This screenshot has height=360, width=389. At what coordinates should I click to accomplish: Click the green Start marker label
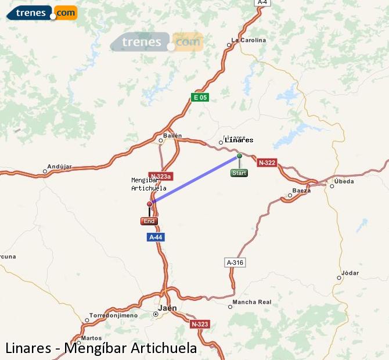pos(239,173)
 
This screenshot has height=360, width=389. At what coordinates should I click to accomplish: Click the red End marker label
pos(149,221)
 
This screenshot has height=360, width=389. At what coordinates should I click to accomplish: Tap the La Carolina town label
pos(248,40)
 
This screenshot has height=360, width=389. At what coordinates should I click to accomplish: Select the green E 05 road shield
pos(199,98)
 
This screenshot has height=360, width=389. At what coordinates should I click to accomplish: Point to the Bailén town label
pos(173,135)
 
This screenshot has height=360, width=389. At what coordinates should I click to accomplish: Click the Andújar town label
pos(59,167)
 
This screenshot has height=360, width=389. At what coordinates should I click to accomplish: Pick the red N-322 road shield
pos(266,163)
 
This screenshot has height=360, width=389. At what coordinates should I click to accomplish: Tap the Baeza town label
pos(302,190)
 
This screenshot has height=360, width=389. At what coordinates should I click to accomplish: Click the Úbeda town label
pos(344,181)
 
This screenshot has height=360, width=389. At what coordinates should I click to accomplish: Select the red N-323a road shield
pos(160,176)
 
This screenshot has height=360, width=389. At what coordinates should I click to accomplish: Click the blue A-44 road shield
pos(155,237)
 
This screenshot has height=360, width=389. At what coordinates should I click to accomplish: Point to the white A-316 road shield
pos(235,262)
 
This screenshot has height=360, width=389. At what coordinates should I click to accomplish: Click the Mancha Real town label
pos(251,302)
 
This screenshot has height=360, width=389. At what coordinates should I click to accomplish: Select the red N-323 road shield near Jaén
pos(199,324)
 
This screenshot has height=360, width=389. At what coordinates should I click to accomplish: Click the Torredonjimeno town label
pos(113,315)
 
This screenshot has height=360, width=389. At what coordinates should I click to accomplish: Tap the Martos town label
pos(92,338)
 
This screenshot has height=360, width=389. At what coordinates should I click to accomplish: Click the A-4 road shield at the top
pos(262,2)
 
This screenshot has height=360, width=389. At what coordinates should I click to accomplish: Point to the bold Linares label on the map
pos(239,140)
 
